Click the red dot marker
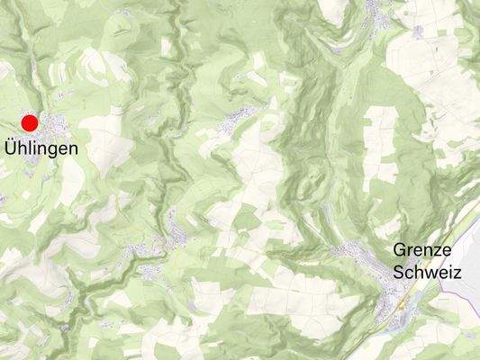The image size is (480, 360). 30,123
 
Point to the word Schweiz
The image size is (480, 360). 427,271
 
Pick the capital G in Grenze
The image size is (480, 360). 399,250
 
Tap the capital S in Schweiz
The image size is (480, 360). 398,271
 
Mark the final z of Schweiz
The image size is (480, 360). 457,271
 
